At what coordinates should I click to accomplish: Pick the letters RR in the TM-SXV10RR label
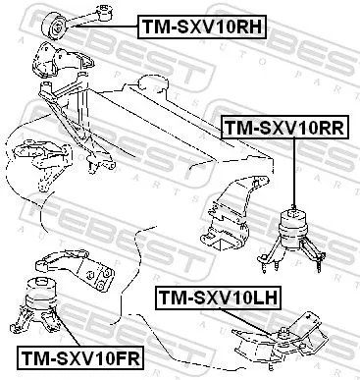pos(330,128)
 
